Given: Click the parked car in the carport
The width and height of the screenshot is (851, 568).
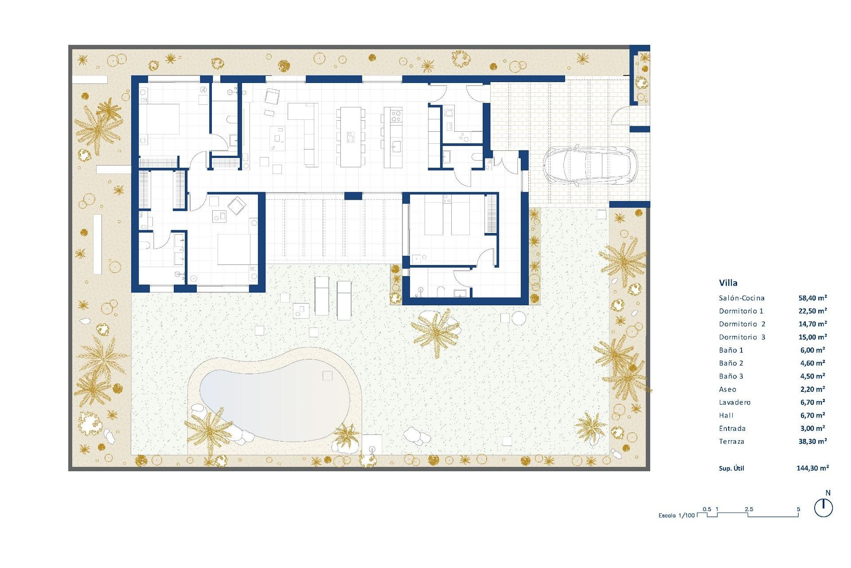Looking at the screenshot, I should (x=590, y=165).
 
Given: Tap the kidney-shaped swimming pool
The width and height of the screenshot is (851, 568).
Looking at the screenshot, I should (x=275, y=399).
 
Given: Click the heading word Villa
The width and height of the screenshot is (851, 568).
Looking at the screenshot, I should (x=728, y=283).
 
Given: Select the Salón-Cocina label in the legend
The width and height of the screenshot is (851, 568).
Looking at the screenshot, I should (x=742, y=298).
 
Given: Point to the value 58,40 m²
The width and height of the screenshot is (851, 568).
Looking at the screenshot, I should (x=812, y=298).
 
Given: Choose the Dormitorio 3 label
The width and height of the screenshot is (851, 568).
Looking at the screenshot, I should (x=742, y=337).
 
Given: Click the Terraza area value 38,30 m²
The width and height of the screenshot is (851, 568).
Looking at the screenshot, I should (x=812, y=442).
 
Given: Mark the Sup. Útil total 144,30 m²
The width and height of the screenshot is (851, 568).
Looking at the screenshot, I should (x=812, y=468).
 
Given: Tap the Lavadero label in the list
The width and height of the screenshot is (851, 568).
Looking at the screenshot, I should (x=734, y=402).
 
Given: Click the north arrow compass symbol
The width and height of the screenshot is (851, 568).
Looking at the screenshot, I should (x=824, y=508).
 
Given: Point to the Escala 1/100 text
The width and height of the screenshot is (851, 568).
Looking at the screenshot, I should (x=676, y=516).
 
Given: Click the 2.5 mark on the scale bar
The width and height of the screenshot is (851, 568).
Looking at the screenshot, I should (x=749, y=509).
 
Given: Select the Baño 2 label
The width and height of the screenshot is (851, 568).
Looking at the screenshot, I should (x=731, y=363).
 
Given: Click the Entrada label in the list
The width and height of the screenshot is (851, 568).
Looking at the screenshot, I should (x=732, y=429).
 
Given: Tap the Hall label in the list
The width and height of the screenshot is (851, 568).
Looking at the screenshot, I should (x=726, y=415).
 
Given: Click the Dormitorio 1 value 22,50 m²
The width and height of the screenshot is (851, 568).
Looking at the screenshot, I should (x=812, y=311).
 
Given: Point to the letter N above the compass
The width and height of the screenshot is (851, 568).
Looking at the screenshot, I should (x=828, y=493).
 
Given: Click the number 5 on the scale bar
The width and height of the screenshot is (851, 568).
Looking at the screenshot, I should (x=799, y=509).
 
